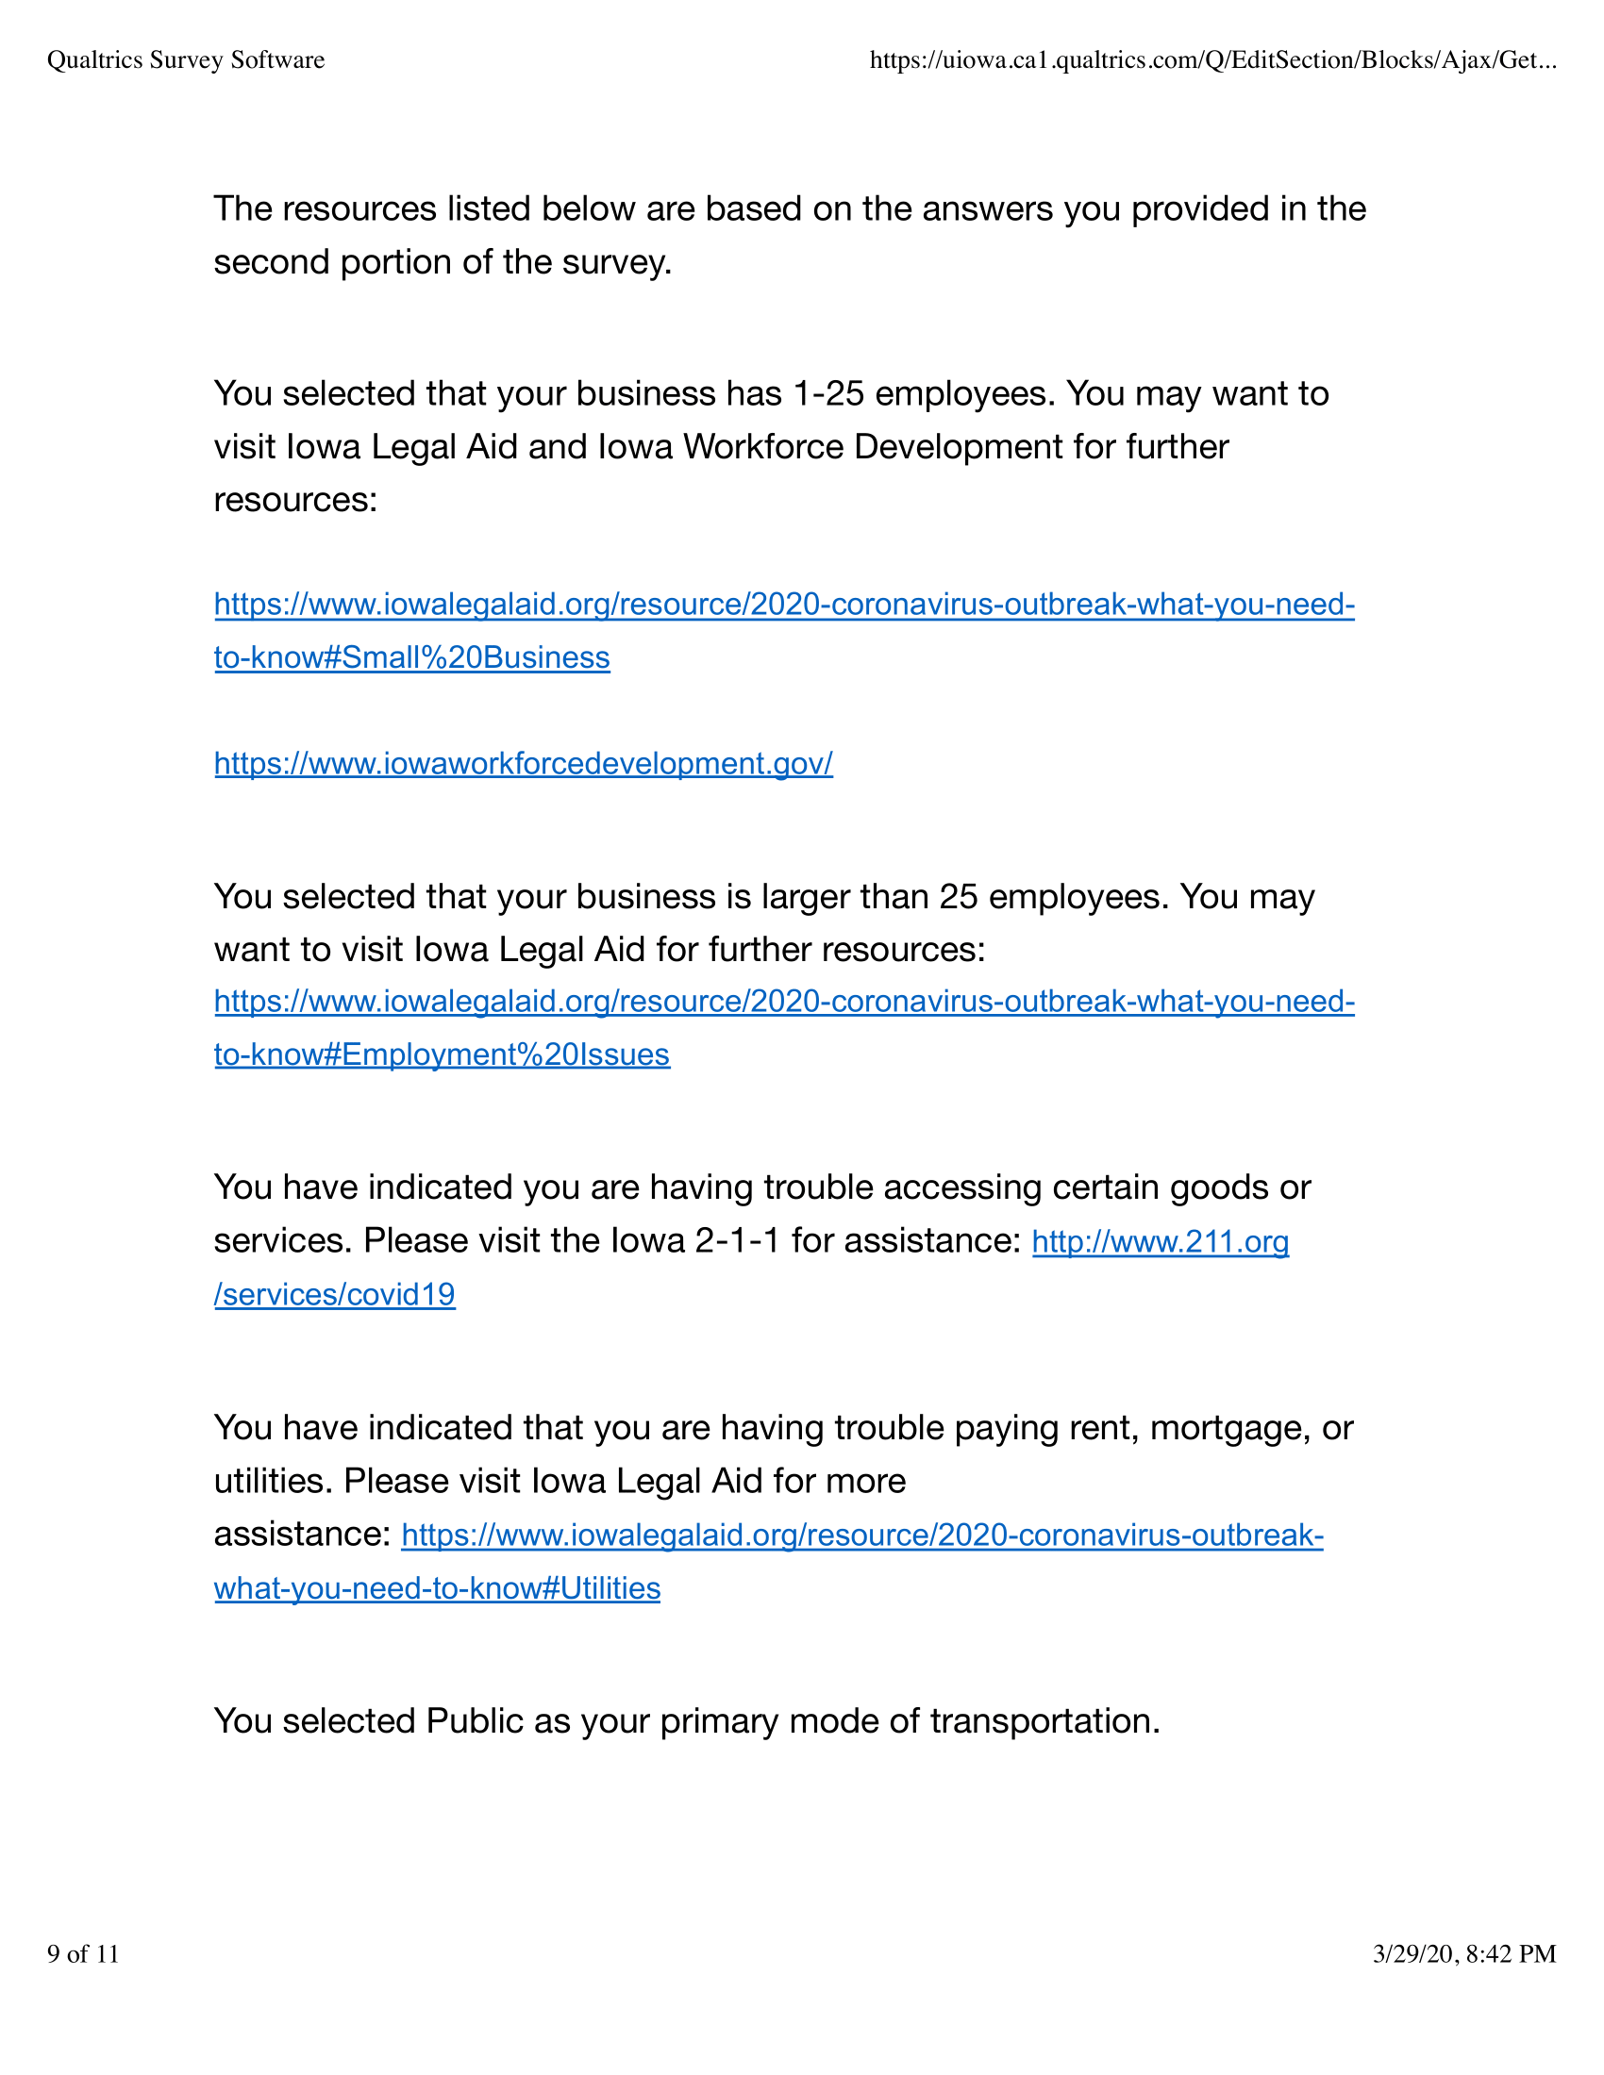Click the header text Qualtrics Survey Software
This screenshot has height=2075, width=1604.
click(185, 59)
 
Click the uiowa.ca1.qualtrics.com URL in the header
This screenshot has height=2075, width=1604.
click(1212, 59)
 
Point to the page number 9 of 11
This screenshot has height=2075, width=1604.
click(84, 1953)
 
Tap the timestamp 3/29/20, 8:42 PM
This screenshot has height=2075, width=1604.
click(1463, 1953)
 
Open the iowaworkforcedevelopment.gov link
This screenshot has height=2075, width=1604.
click(524, 763)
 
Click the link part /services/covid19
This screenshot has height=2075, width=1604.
click(335, 1294)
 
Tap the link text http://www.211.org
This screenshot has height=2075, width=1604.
click(1161, 1242)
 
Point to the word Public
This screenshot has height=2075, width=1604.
click(476, 1720)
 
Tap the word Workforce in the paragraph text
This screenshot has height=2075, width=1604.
click(763, 446)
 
